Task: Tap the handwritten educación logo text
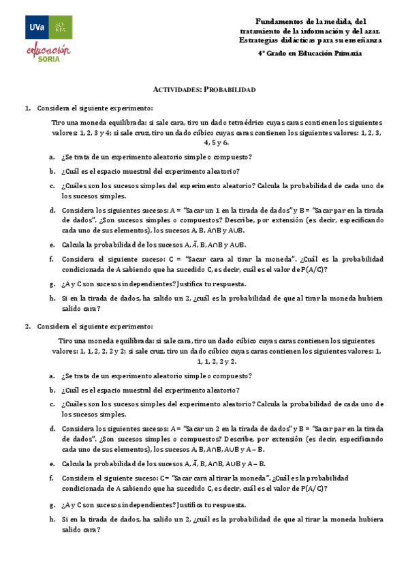tap(48, 49)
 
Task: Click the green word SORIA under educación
tap(48, 59)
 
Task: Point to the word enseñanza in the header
tap(362, 40)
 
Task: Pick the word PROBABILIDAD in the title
tap(230, 90)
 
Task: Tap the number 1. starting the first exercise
tap(28, 108)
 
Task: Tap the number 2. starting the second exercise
tap(28, 326)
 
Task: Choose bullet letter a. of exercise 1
tap(52, 157)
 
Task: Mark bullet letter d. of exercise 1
tap(52, 211)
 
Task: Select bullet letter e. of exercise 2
tap(52, 463)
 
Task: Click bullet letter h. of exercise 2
tap(52, 520)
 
